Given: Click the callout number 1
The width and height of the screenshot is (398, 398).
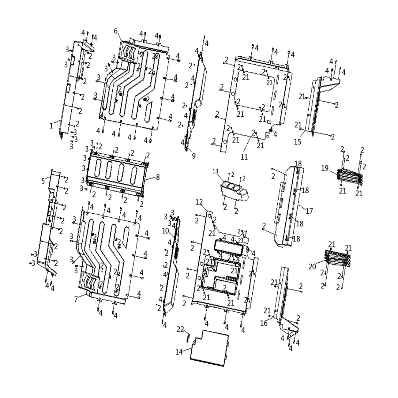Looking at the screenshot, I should tap(51, 125).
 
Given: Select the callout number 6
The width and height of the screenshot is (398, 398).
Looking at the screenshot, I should tap(116, 31).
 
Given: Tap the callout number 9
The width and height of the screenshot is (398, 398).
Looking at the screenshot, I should tap(193, 156).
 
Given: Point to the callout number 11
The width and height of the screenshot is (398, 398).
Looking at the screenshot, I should tap(244, 157).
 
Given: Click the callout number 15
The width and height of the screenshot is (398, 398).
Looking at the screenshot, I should tap(298, 142).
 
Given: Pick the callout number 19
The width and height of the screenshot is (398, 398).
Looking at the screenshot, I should tap(325, 168).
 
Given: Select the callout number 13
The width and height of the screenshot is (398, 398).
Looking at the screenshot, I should tap(216, 171).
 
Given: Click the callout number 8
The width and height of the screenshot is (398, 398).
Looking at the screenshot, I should tap(158, 177).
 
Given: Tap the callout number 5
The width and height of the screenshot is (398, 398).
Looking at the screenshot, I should tap(43, 181).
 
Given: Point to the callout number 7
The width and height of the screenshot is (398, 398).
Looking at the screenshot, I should tap(76, 299).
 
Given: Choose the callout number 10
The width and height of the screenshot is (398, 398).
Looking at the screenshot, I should tap(166, 231).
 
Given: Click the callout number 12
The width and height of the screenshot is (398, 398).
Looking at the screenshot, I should tap(199, 202).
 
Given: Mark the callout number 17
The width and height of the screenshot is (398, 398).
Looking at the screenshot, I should tap(309, 211).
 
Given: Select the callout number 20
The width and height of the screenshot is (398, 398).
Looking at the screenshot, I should tap(312, 267).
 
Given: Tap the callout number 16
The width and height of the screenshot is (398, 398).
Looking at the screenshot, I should tap(264, 323).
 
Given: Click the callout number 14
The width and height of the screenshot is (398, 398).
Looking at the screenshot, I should tap(179, 352).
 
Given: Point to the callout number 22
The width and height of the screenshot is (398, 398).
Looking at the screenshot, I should tap(180, 329).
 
